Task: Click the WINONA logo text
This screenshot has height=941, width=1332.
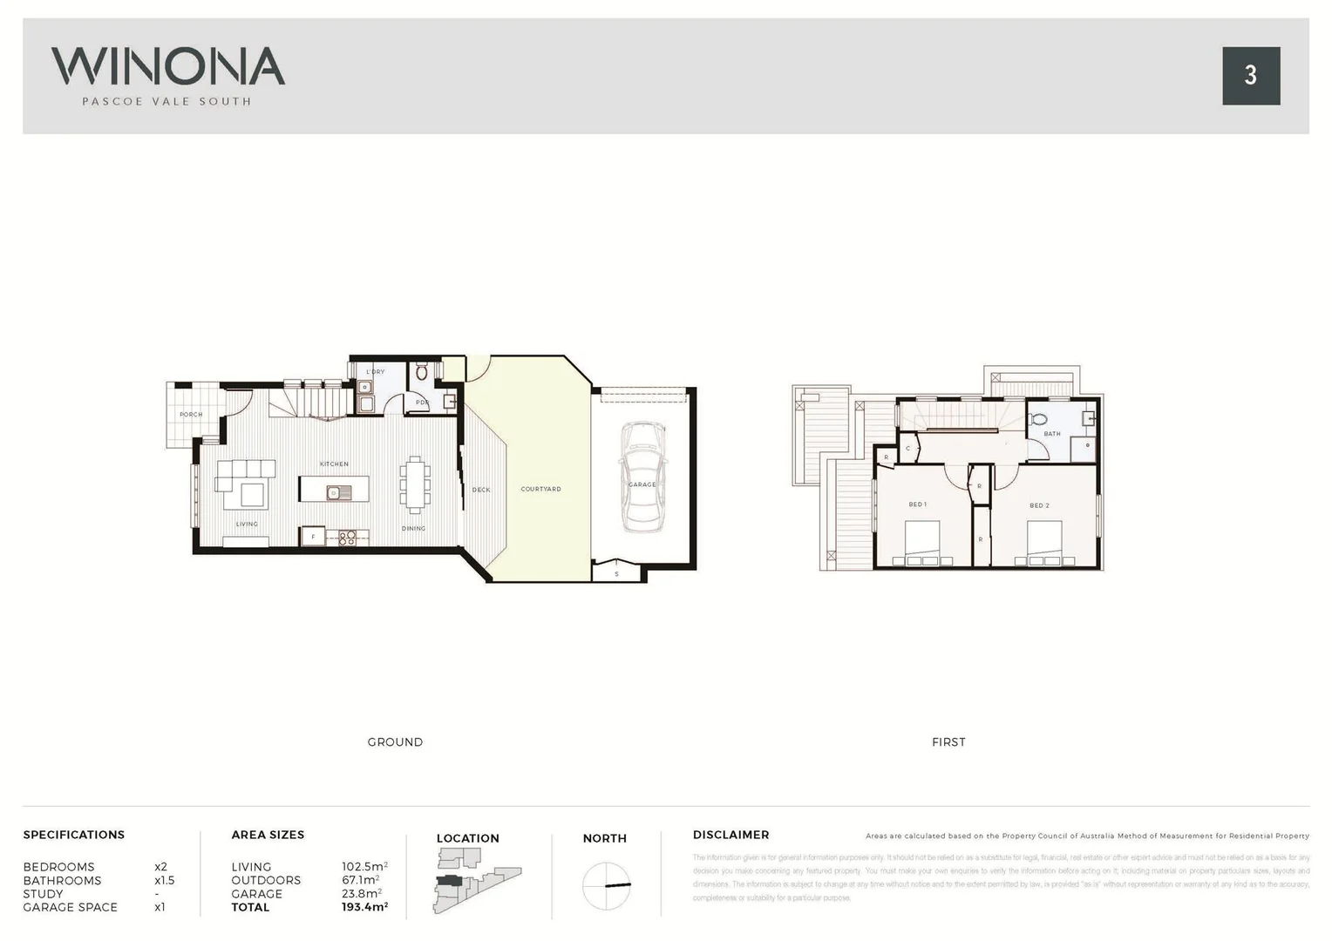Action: pyautogui.click(x=167, y=66)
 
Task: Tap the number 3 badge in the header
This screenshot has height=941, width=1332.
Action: pyautogui.click(x=1250, y=76)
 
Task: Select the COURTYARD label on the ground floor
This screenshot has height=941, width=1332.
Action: pyautogui.click(x=540, y=489)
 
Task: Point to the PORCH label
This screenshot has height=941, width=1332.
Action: pyautogui.click(x=191, y=415)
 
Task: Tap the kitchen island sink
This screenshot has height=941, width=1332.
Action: pyautogui.click(x=334, y=493)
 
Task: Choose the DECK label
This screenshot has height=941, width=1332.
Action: pyautogui.click(x=481, y=490)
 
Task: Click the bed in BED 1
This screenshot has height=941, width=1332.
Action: pyautogui.click(x=928, y=544)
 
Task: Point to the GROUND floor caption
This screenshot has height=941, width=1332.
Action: pyautogui.click(x=395, y=742)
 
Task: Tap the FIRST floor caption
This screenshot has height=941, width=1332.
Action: pyautogui.click(x=948, y=742)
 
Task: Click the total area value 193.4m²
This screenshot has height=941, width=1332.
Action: pyautogui.click(x=364, y=907)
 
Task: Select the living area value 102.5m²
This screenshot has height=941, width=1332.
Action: pyautogui.click(x=364, y=867)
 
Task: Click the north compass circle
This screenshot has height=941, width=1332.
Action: pyautogui.click(x=606, y=886)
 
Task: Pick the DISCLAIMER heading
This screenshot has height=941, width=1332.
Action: pyautogui.click(x=731, y=835)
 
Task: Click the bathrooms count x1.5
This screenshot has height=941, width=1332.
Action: pyautogui.click(x=164, y=880)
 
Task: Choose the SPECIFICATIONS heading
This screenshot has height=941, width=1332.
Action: pyautogui.click(x=74, y=835)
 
